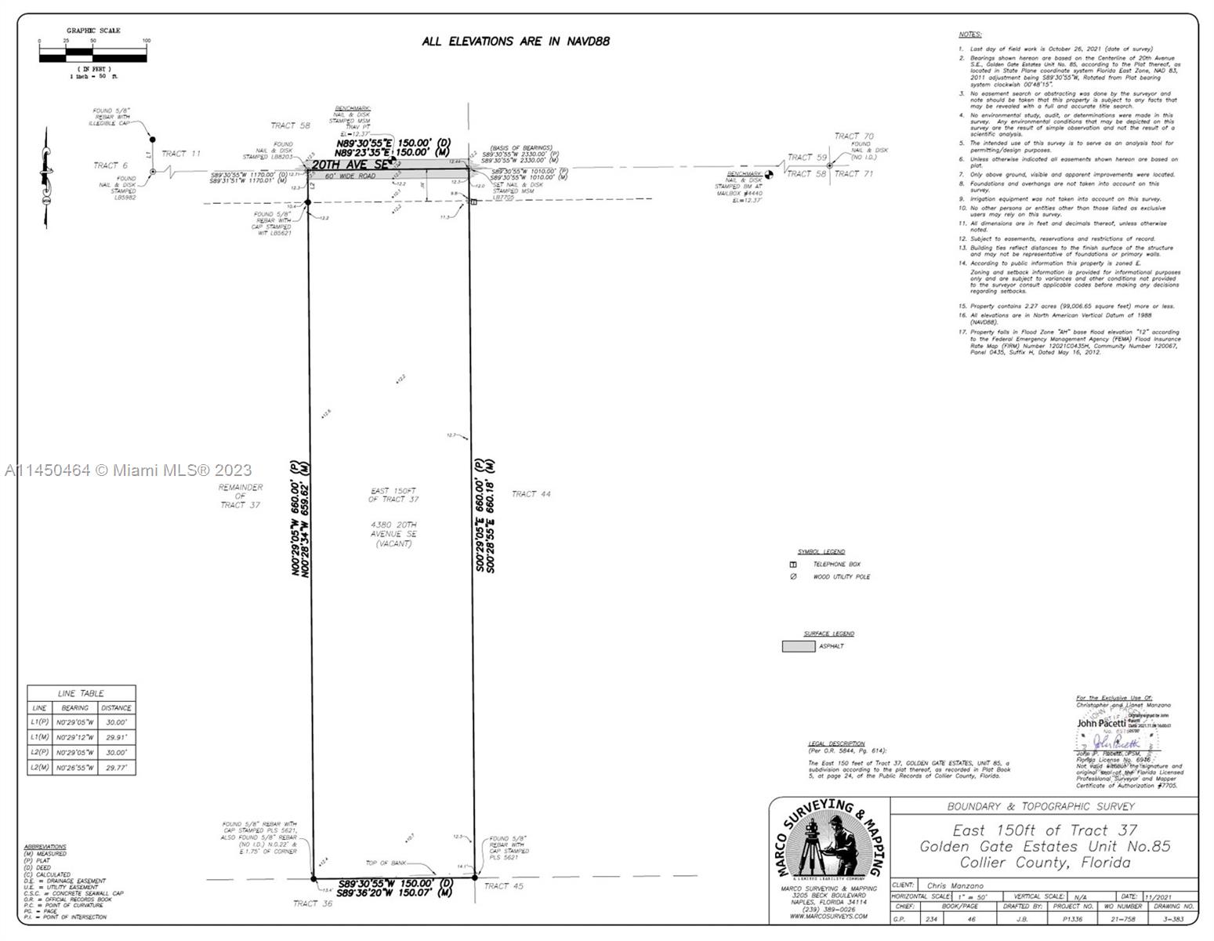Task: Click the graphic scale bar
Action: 92,56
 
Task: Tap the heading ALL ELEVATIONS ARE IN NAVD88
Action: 515,42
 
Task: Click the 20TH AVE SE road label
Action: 350,165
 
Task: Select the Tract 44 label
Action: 531,494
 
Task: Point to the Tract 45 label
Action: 503,886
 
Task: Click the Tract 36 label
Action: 313,903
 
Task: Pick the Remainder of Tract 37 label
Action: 241,496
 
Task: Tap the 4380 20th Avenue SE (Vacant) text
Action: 393,534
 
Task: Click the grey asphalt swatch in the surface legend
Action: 798,646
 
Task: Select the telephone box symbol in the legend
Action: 793,565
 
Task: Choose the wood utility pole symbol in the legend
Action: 793,577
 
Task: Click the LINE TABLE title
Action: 81,693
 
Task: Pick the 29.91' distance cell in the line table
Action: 116,738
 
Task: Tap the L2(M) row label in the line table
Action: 40,768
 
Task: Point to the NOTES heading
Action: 969,35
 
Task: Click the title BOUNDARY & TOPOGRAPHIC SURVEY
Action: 1040,806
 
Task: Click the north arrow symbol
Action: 45,179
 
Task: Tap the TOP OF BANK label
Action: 386,863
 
